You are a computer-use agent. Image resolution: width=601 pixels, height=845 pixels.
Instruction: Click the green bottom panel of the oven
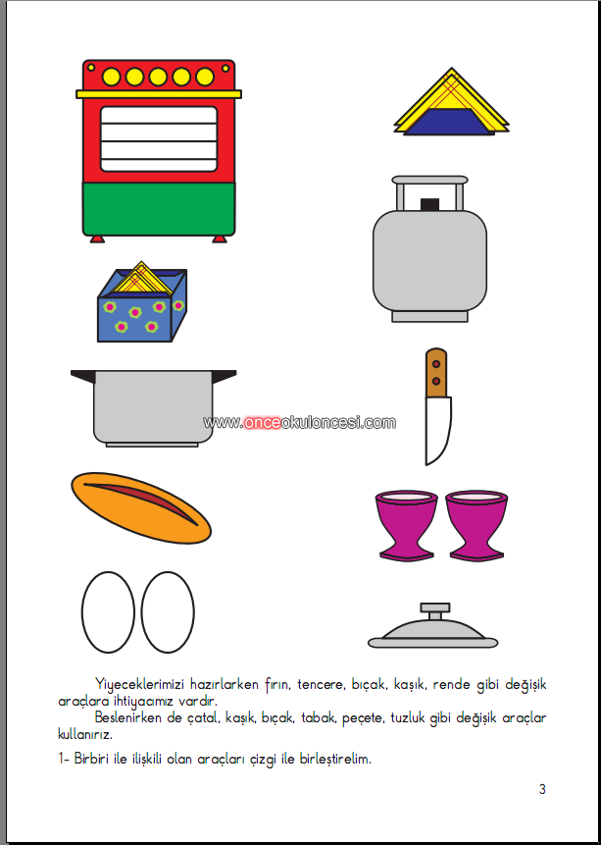click(x=158, y=208)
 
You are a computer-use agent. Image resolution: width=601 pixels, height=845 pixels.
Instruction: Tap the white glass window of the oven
click(x=159, y=139)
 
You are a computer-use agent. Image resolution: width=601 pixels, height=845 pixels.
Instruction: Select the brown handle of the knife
click(x=436, y=372)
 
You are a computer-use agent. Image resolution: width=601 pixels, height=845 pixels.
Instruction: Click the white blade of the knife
click(x=437, y=429)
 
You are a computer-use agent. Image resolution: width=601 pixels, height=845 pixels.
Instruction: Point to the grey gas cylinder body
click(x=429, y=260)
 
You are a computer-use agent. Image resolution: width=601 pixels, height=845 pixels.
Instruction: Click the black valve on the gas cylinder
click(x=429, y=204)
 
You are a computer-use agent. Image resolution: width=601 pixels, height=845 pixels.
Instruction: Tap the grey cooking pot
click(x=154, y=408)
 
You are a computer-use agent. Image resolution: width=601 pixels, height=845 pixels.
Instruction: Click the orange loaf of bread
click(x=141, y=507)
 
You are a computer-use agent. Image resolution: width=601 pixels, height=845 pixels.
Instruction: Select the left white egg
click(x=108, y=612)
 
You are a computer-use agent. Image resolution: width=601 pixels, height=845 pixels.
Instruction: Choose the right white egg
click(x=168, y=612)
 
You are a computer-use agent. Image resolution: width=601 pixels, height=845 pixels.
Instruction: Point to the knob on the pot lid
click(x=435, y=611)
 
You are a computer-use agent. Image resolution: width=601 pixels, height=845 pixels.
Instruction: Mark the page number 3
click(x=542, y=789)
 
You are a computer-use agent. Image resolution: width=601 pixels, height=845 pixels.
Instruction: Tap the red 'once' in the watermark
click(x=263, y=422)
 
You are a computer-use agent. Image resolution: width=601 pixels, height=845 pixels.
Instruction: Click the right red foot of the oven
click(x=220, y=238)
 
